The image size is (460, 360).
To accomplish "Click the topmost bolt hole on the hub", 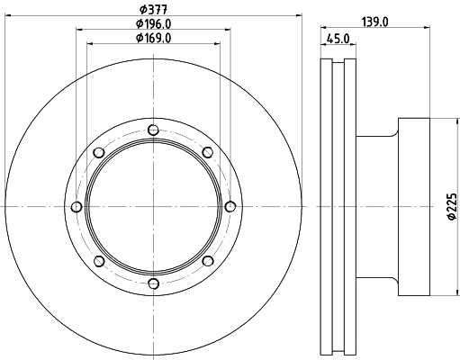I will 153,129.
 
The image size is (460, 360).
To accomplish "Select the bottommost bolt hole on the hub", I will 153,284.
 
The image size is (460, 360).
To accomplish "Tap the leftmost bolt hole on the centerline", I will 76,207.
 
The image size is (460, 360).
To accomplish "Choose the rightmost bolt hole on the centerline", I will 230,207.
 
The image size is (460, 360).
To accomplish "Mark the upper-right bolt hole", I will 208,151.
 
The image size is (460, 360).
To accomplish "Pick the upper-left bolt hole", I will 98,151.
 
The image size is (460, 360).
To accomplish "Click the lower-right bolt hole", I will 208,262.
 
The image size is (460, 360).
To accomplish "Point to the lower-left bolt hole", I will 98,262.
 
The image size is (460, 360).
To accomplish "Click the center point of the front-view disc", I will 153,207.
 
